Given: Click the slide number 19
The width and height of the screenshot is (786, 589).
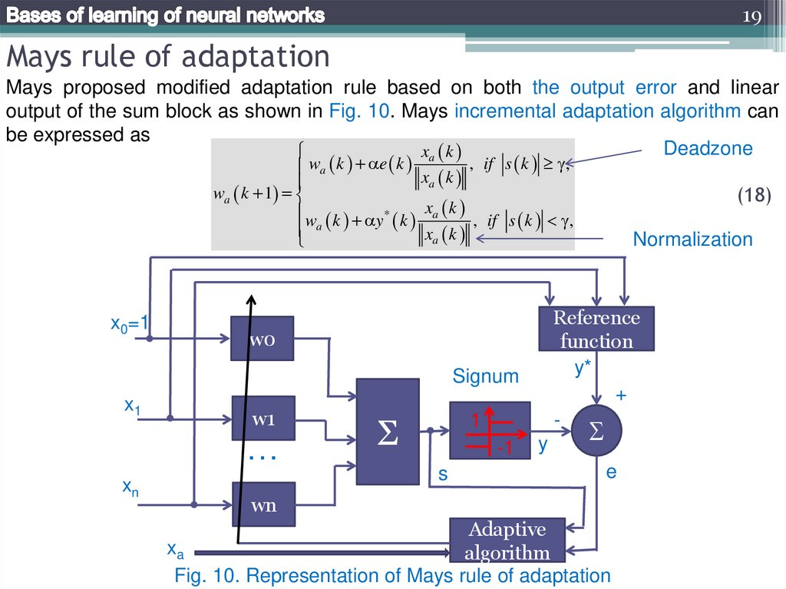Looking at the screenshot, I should click(751, 16).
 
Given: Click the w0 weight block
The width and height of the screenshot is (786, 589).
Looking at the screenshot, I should click(263, 337).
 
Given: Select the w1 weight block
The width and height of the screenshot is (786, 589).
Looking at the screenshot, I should click(263, 419).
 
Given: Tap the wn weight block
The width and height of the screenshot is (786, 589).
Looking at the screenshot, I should click(263, 505).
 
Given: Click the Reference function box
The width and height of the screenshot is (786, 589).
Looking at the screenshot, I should click(596, 329).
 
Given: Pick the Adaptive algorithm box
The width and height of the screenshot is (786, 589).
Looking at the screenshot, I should click(507, 540).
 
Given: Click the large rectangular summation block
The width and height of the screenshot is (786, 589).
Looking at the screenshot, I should click(388, 432).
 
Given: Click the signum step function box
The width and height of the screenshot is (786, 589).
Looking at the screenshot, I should click(489, 431).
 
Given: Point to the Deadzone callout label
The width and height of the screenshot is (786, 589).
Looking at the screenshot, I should click(708, 149).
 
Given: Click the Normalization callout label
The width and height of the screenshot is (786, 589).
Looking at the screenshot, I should click(692, 240).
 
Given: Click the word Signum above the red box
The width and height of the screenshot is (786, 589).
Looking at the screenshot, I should click(485, 376).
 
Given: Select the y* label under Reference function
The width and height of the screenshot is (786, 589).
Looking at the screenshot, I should click(583, 369).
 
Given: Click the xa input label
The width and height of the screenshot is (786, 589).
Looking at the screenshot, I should click(175, 549).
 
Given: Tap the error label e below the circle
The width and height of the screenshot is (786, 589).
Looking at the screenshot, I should click(611, 472).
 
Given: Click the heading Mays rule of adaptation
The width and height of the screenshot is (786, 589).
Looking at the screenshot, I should click(168, 56).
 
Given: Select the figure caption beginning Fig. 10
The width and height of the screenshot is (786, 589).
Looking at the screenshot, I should click(392, 575).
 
